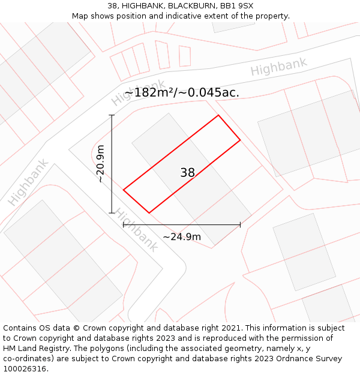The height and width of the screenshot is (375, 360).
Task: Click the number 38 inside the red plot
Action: click(x=187, y=173)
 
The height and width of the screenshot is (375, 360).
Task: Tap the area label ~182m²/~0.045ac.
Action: click(x=181, y=92)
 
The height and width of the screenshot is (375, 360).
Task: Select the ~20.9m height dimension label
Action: click(x=101, y=164)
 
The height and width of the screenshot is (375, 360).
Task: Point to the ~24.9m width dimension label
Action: click(x=182, y=236)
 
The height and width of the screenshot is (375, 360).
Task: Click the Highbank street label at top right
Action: click(x=278, y=67)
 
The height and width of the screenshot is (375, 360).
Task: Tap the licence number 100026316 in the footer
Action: click(x=25, y=368)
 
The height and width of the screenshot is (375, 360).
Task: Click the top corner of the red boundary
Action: click(x=218, y=115)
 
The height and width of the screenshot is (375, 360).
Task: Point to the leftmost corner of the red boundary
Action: click(x=124, y=190)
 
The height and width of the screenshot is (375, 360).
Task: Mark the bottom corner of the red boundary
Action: click(x=149, y=213)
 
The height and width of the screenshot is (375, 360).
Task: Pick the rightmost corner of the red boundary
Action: click(x=240, y=140)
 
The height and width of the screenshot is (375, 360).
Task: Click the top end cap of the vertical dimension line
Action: click(x=112, y=115)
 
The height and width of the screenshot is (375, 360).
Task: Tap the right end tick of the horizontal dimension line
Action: click(x=240, y=224)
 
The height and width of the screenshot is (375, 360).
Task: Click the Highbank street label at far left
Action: click(x=28, y=182)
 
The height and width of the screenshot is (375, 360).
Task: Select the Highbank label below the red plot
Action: click(x=136, y=230)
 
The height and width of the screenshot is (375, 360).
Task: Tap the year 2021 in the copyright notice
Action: click(x=231, y=328)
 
